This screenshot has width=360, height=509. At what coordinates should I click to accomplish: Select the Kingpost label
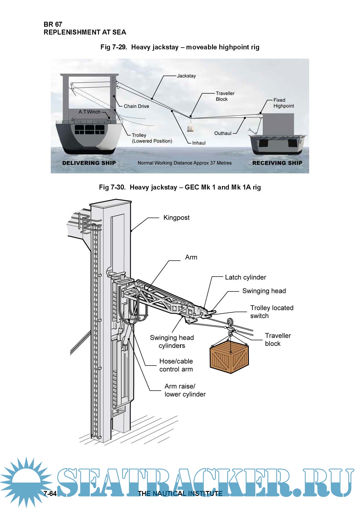point(176,218)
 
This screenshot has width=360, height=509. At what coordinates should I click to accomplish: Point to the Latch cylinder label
point(245,277)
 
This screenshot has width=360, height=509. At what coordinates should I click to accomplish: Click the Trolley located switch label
point(272,312)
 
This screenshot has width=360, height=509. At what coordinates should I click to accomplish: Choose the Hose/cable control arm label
point(176,365)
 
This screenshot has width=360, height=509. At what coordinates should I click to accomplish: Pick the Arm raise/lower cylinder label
point(185,390)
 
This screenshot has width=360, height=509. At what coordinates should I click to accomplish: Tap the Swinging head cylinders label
point(172,342)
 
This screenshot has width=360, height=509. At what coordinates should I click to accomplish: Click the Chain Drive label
point(136,106)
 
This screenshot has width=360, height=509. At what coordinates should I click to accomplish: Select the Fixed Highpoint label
point(283,103)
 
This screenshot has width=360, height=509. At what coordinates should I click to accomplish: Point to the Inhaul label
point(199,143)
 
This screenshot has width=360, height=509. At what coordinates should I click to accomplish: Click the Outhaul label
point(223,133)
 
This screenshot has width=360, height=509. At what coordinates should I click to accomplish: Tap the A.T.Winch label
point(89,112)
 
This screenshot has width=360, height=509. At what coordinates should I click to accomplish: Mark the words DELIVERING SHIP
point(89,163)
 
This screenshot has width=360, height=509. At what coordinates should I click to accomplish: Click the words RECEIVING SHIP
point(277,163)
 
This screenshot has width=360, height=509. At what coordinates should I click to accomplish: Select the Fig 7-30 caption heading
point(180,187)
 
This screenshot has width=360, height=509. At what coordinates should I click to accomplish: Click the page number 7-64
point(50,493)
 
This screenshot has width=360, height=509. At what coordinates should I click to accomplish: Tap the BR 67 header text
point(53,24)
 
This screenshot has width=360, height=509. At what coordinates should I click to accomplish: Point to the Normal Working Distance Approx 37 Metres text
point(184,163)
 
